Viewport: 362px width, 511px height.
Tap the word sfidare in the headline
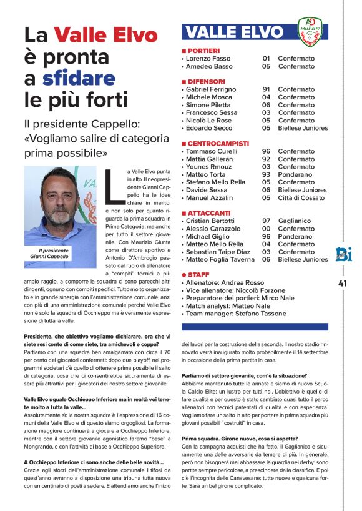[x=79, y=79]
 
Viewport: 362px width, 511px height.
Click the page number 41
[x=343, y=283]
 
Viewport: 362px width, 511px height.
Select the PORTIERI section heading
[x=202, y=50]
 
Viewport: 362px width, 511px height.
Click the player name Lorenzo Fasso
[x=208, y=58]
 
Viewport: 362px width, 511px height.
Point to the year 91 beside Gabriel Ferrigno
[x=266, y=89]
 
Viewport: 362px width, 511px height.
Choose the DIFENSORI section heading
[x=205, y=81]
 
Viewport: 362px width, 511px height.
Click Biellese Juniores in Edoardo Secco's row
[x=303, y=128]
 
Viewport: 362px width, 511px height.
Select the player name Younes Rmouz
[x=211, y=167]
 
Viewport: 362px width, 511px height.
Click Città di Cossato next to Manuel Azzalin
[x=301, y=197]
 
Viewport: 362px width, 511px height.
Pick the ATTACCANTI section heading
[x=208, y=213]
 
